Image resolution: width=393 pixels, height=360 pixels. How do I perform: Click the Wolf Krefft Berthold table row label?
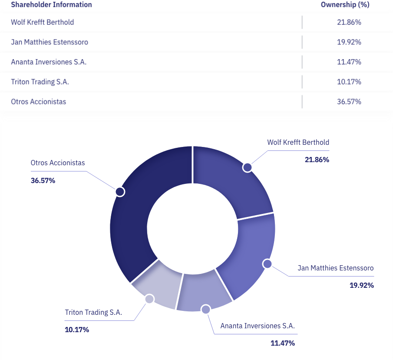pyautogui.click(x=43, y=22)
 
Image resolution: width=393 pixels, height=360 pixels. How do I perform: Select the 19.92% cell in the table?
pyautogui.click(x=349, y=42)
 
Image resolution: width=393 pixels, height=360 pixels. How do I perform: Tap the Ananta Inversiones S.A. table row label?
pyautogui.click(x=49, y=62)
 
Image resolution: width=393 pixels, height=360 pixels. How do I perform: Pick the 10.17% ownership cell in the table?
pyautogui.click(x=349, y=82)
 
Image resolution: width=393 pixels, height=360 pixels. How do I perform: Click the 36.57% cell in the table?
pyautogui.click(x=349, y=102)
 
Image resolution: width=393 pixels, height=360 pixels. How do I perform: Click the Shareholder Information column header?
pyautogui.click(x=51, y=5)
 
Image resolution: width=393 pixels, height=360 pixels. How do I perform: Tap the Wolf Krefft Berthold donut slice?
pyautogui.click(x=234, y=178)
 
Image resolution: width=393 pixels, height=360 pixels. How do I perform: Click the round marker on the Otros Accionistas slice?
pyautogui.click(x=120, y=192)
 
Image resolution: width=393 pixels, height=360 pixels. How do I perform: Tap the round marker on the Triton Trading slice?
pyautogui.click(x=149, y=299)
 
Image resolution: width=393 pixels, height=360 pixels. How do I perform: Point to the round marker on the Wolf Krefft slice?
pyautogui.click(x=247, y=167)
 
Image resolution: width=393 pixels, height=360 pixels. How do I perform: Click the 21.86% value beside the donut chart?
pyautogui.click(x=317, y=160)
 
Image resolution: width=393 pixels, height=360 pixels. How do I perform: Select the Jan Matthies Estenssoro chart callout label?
pyautogui.click(x=336, y=268)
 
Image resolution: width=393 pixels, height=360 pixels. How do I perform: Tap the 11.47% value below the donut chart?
pyautogui.click(x=283, y=343)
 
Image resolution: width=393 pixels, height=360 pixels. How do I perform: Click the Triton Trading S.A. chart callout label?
pyautogui.click(x=93, y=312)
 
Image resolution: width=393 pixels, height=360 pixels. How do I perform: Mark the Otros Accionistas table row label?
pyautogui.click(x=39, y=102)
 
